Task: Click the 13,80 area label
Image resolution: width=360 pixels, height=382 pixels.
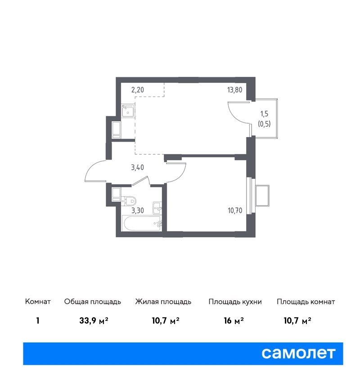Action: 234,90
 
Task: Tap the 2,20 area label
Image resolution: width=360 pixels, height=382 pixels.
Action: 138,90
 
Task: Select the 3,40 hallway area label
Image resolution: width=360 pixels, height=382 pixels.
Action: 138,167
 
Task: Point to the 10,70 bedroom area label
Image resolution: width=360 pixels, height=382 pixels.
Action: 235,210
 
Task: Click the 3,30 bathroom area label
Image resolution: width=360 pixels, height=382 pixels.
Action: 138,210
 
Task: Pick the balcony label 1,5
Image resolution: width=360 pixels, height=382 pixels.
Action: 264,114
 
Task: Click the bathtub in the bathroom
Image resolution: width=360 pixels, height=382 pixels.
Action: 142,223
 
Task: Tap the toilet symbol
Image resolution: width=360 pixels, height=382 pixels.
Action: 129,201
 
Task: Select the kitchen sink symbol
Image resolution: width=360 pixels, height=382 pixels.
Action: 128,111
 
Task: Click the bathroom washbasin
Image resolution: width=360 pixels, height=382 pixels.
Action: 157,208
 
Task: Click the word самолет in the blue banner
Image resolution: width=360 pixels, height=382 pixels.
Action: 298,353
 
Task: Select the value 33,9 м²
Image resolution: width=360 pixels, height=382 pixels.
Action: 94,320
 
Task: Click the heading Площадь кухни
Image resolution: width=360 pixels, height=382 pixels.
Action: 235,302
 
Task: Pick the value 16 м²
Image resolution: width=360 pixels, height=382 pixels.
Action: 234,320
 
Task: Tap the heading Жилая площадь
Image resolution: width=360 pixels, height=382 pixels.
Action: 163,302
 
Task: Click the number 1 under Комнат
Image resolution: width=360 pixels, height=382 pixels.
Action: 37,320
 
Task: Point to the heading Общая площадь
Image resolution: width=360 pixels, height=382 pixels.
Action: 92,302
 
